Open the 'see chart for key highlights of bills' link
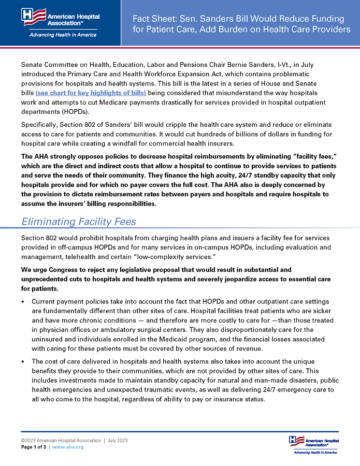tap(91, 93)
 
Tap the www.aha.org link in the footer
tap(68, 447)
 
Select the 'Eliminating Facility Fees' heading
tap(79, 222)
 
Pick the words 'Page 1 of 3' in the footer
tap(34, 447)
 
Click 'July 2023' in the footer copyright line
tap(117, 441)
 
